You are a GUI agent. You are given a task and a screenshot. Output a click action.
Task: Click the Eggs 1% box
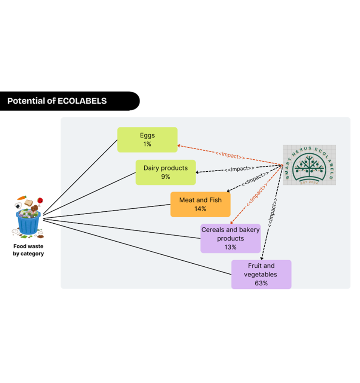tap(147, 140)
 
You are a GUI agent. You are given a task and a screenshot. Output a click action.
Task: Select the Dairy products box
tap(165, 172)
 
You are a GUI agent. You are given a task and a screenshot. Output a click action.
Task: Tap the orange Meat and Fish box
tap(200, 204)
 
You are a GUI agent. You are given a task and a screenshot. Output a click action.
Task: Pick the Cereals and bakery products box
tap(230, 238)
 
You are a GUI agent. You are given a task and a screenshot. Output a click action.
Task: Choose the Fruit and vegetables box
tap(261, 275)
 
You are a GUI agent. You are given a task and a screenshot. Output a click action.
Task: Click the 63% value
tap(261, 283)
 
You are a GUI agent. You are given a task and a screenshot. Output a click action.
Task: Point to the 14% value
tap(200, 209)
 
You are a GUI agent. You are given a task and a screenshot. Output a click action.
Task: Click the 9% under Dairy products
tap(165, 177)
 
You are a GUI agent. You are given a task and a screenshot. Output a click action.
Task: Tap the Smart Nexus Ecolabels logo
tap(309, 165)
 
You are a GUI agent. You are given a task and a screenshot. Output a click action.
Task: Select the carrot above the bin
tap(22, 197)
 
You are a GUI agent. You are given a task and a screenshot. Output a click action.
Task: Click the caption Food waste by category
tap(28, 250)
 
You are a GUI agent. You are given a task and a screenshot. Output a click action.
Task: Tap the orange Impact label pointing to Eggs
tap(230, 155)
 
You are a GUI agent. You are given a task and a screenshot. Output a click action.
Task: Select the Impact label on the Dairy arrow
tap(239, 169)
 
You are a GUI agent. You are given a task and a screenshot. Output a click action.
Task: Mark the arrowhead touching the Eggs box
tap(180, 146)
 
